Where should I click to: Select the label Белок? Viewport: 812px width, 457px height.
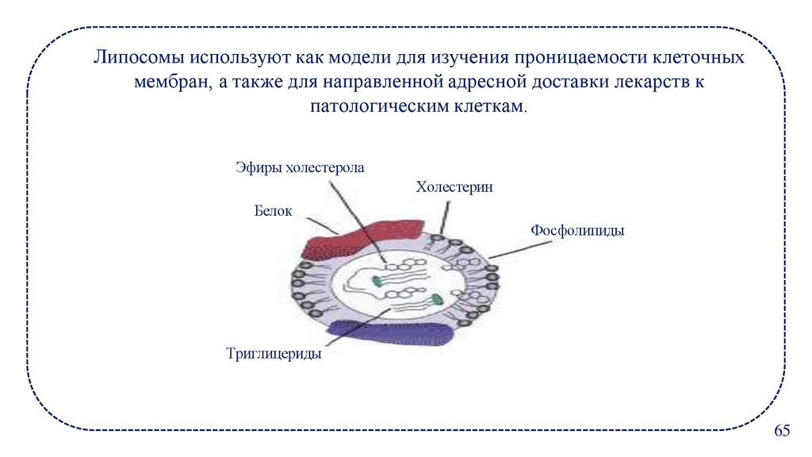[x=274, y=211]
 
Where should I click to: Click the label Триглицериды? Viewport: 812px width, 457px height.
[x=274, y=355]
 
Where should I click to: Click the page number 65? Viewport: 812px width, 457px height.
[x=782, y=431]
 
